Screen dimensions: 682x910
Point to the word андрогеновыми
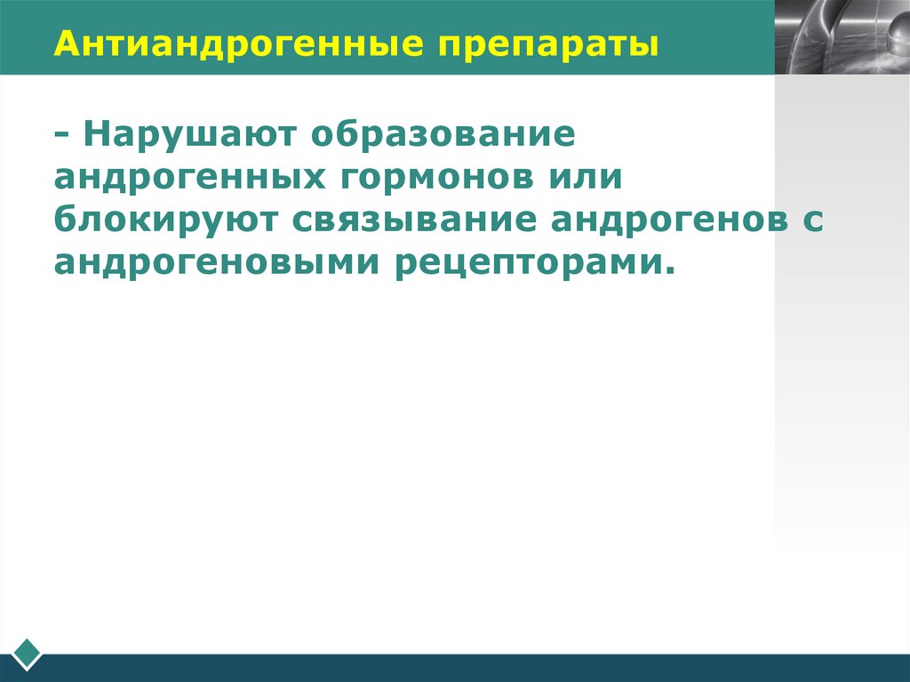click(x=212, y=263)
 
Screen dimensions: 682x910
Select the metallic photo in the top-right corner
click(x=842, y=36)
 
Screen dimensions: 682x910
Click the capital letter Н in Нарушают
click(x=95, y=135)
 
